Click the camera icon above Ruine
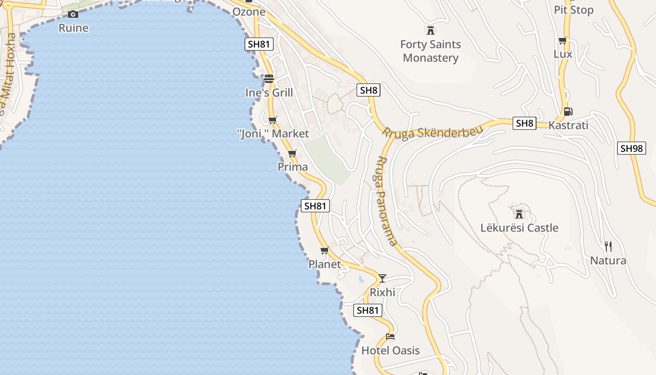point(73,14)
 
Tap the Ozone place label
point(249,12)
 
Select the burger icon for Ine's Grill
point(268,78)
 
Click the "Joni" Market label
point(273,134)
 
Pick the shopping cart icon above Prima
point(292,153)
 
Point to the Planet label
point(325,264)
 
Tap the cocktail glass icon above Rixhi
point(382,278)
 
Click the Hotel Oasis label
point(390,351)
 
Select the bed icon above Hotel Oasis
point(390,336)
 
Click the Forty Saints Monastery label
point(431,51)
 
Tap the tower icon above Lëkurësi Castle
point(519,214)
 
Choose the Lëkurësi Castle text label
point(519,228)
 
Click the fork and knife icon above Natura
point(608,246)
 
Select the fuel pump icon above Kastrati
point(568,111)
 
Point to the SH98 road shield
point(631,148)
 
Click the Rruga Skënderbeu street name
point(432,132)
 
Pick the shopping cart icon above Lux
point(563,40)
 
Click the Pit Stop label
point(574,10)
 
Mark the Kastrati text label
point(568,126)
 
